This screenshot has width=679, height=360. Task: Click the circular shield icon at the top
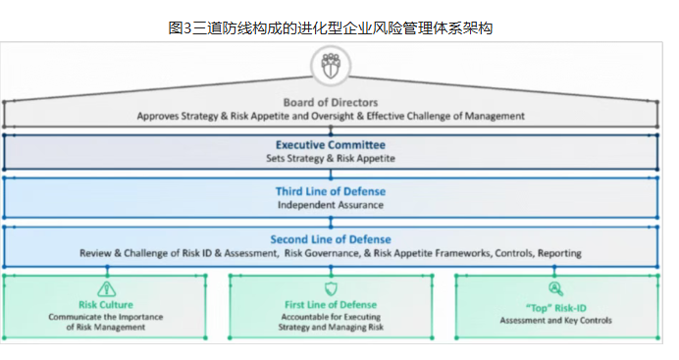(x=330, y=66)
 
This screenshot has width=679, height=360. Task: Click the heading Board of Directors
(x=330, y=102)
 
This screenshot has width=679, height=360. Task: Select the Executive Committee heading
(x=330, y=144)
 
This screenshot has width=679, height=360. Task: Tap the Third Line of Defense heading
(x=330, y=191)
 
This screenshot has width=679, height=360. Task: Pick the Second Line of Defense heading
(x=330, y=239)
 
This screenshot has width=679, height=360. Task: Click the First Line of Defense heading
(x=330, y=305)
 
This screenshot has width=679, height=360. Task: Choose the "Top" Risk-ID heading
(x=555, y=305)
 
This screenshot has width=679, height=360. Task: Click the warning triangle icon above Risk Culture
(x=105, y=288)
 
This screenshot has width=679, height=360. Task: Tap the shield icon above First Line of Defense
(x=330, y=288)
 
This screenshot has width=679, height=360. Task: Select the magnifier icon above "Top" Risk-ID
(x=555, y=288)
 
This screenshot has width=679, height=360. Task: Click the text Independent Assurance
(x=330, y=205)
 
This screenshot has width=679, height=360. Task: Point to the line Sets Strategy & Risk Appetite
(x=330, y=158)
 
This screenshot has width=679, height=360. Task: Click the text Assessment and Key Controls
(x=555, y=320)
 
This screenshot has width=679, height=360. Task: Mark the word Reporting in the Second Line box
(x=558, y=253)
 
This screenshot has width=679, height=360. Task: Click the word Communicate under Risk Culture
(x=81, y=317)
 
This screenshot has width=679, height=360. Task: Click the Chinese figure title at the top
(x=330, y=27)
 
